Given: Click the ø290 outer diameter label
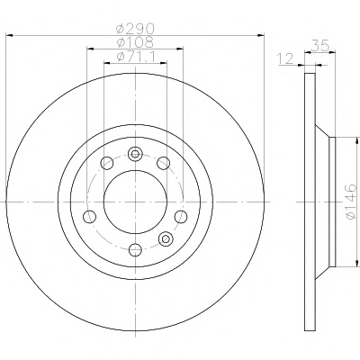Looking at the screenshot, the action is [x=136, y=29].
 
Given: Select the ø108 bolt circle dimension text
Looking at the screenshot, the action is [x=136, y=42].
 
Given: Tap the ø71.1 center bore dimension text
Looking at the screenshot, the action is [x=136, y=57].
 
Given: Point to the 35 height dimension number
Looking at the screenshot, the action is [x=320, y=46].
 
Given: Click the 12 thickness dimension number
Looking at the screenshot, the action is [x=285, y=59].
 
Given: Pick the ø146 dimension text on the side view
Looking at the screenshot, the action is [x=351, y=202].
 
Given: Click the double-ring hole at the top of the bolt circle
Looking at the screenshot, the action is [x=135, y=154].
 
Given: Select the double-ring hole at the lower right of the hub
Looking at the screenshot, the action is [x=166, y=238].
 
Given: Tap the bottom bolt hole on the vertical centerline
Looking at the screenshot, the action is [x=135, y=249].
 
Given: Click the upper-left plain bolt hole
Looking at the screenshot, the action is [x=107, y=163].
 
